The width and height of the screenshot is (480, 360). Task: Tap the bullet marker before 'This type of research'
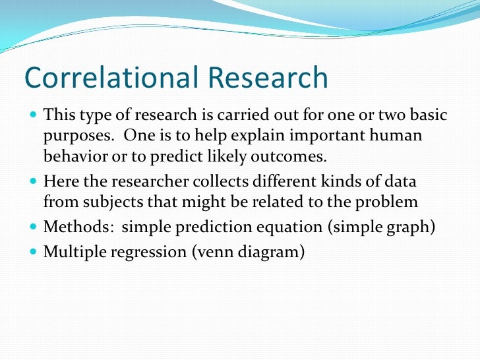34,116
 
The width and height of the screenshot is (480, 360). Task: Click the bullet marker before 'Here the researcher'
34,181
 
